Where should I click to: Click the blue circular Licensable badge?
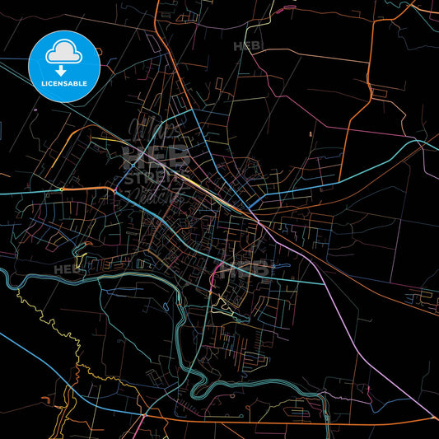(x=64, y=66)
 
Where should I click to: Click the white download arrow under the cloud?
(x=64, y=71)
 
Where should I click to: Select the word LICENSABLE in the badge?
(x=64, y=84)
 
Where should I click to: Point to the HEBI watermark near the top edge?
(x=248, y=46)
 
